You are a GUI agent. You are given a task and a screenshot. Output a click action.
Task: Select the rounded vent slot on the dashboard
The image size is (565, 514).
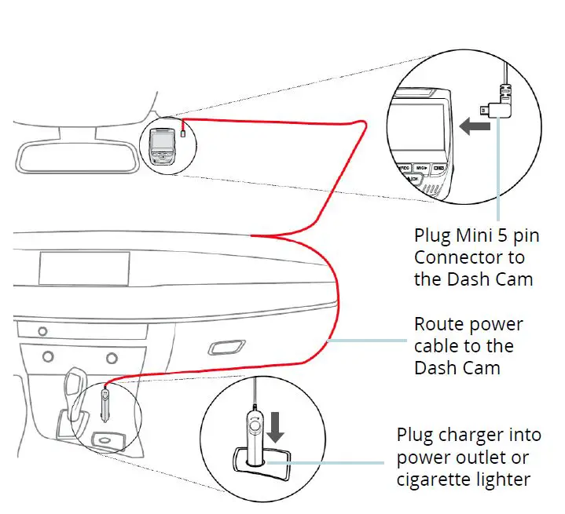tap(226, 347)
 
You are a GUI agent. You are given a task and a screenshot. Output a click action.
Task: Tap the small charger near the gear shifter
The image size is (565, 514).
tap(105, 400)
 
